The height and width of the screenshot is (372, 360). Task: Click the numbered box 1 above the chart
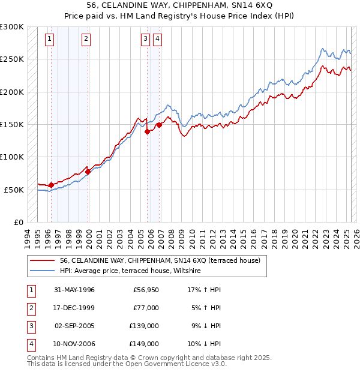tap(49, 40)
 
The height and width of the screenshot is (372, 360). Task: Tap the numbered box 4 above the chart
tap(157, 40)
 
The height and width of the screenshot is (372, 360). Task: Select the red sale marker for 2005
tap(147, 132)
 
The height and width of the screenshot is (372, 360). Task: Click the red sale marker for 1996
tap(51, 185)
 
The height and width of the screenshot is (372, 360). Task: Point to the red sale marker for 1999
tap(88, 172)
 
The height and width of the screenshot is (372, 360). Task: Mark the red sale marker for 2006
tap(159, 125)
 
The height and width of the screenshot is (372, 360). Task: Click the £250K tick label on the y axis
tap(12, 59)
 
